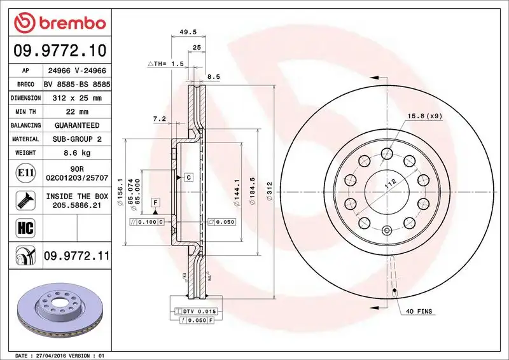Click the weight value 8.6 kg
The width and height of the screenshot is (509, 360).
[x=76, y=153]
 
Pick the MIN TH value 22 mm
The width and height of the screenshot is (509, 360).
[x=76, y=112]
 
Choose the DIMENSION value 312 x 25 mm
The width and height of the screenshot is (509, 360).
[x=76, y=99]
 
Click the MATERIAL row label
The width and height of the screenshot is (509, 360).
[x=25, y=139]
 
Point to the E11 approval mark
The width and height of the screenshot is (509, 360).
[x=25, y=172]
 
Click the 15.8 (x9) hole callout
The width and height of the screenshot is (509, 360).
[x=423, y=116]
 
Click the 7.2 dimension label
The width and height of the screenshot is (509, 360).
[x=159, y=119]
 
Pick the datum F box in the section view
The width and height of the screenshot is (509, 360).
[x=154, y=202]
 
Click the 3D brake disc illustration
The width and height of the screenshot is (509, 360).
[x=57, y=312]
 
